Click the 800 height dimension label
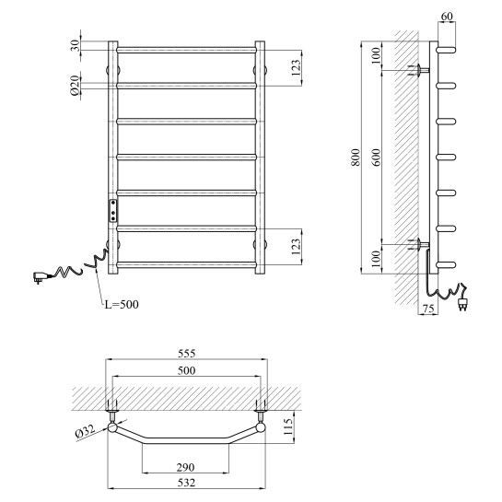pos(356,158)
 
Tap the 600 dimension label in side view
pos(377,158)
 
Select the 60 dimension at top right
pos(447,16)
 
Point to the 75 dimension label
pos(428,309)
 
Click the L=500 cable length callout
pos(122,304)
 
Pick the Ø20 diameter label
pos(75,86)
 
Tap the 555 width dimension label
pos(186,354)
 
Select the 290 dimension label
pos(186,467)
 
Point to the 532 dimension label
pos(186,483)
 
